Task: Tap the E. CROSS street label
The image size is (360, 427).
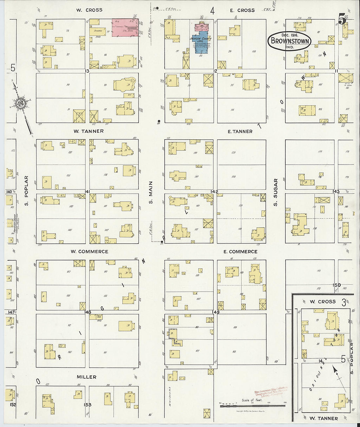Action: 242,10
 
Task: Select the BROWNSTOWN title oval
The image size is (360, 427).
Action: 289,41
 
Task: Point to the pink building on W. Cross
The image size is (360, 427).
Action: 125,27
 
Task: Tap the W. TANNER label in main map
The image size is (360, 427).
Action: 88,131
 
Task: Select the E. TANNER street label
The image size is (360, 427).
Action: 240,132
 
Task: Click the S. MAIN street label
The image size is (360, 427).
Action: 151,192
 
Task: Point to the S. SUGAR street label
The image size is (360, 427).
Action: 276,192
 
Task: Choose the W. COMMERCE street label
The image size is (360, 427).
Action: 89,252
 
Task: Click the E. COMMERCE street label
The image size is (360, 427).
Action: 240,252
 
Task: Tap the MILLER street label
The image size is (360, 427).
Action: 86,377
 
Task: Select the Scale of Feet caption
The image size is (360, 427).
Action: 252,400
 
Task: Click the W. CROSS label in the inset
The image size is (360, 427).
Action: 322,302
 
